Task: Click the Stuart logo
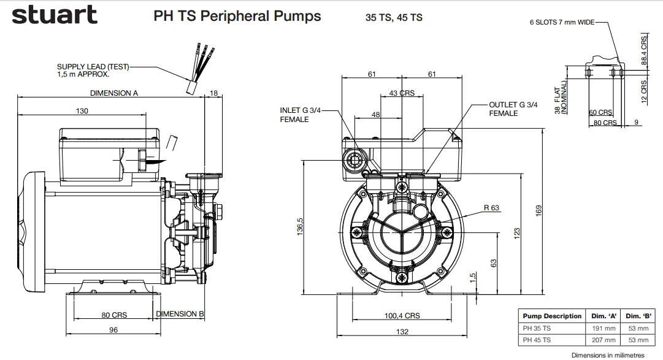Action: coord(54,15)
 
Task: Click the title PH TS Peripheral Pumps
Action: coord(237,16)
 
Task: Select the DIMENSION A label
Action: coord(114,93)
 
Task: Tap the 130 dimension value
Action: coord(82,111)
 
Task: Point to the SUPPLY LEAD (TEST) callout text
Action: coord(93,70)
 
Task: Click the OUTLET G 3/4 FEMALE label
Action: coord(513,109)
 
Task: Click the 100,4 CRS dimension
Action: coord(402,316)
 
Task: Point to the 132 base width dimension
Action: coord(402,332)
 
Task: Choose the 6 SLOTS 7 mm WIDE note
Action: coord(562,22)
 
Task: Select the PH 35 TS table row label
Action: coord(537,328)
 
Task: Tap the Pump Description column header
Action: coord(551,316)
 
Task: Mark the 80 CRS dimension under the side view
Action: coord(114,315)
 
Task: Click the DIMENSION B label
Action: coord(180,313)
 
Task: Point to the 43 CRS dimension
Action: coord(402,93)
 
